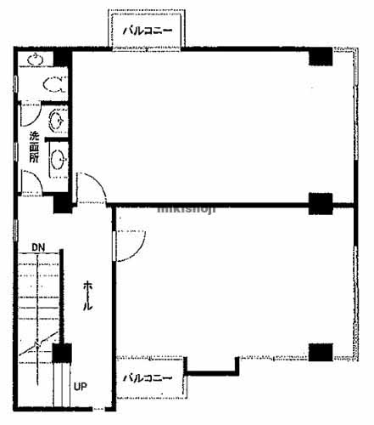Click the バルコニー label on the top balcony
(148, 31)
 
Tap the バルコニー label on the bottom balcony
(148, 378)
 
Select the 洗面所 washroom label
(34, 147)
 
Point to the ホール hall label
(87, 296)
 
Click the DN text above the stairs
(38, 247)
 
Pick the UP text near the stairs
(81, 387)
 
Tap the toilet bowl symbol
(54, 84)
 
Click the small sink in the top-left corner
(36, 59)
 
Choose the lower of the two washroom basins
(58, 160)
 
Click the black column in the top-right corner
(321, 57)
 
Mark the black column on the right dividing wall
(321, 203)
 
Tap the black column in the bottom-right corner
(321, 352)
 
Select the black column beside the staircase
(62, 353)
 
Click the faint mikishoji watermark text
(187, 209)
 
